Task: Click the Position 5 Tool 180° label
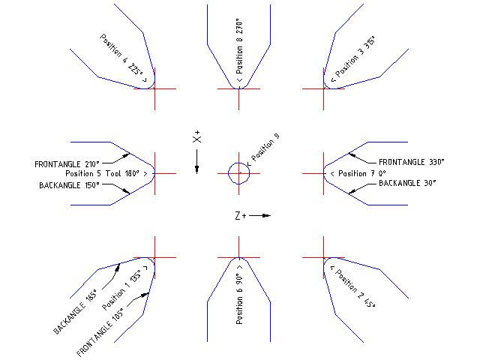point(104,173)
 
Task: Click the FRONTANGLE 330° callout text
point(412,161)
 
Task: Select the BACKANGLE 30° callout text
point(407,183)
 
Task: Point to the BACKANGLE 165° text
point(76,313)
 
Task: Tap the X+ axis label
point(196,138)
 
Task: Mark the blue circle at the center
point(238,173)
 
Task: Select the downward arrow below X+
point(196,160)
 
